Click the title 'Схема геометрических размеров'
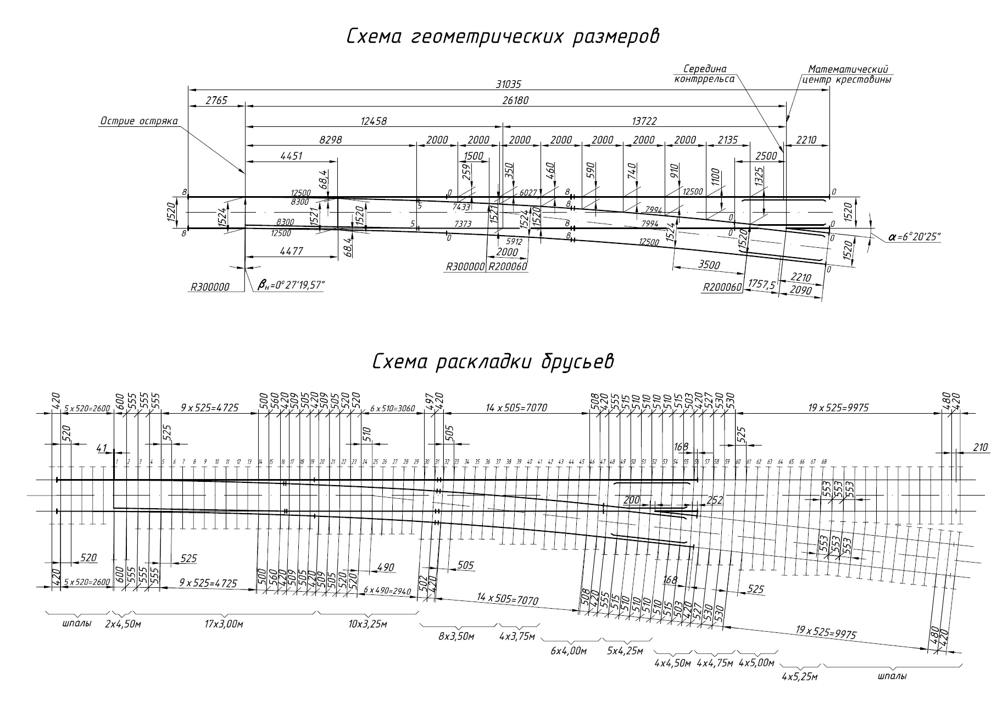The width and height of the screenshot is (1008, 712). click(503, 37)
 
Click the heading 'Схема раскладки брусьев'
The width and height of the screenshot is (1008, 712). click(493, 362)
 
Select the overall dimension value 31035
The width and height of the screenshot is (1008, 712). click(508, 85)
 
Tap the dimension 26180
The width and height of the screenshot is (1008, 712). click(515, 102)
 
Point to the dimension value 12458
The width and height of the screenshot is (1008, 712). click(374, 121)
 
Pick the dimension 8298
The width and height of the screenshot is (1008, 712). click(330, 140)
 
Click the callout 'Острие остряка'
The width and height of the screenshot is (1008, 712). click(138, 121)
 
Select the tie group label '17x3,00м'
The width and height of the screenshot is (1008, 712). click(224, 624)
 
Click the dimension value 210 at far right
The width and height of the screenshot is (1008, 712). click(979, 448)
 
